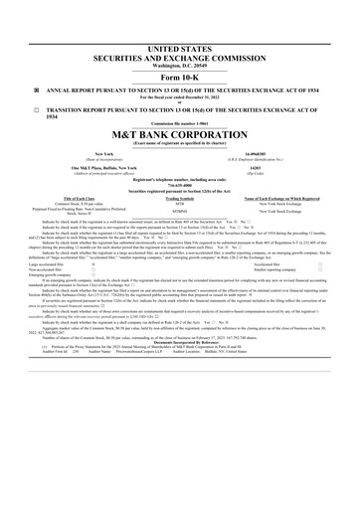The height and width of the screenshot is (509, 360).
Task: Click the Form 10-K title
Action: tap(179, 77)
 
